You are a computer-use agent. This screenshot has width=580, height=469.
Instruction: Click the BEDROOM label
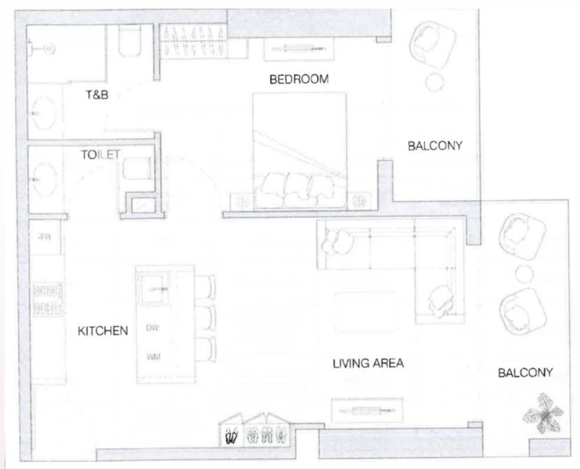(298, 80)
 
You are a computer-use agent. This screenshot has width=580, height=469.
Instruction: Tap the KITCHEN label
(103, 331)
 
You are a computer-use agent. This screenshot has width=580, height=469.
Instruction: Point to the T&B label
(96, 95)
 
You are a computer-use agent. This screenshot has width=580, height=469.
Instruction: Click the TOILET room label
(100, 155)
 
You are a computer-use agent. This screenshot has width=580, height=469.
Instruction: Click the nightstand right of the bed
(361, 199)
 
